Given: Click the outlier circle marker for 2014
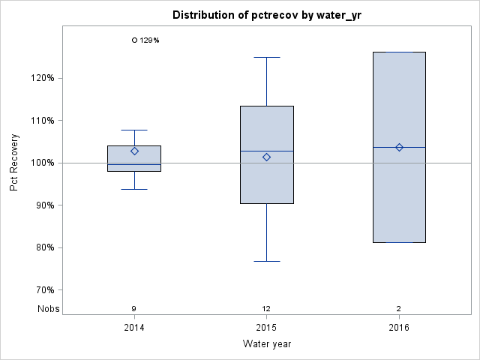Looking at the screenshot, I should pyautogui.click(x=134, y=40).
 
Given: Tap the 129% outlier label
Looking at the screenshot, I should pyautogui.click(x=150, y=40).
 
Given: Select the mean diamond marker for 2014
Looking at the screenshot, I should pyautogui.click(x=134, y=151).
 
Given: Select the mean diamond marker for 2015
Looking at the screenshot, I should pyautogui.click(x=266, y=157).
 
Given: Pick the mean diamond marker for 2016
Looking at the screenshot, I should pyautogui.click(x=399, y=147).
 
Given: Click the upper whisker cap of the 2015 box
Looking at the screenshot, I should pyautogui.click(x=266, y=57).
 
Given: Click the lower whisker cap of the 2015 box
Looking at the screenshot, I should pyautogui.click(x=266, y=261).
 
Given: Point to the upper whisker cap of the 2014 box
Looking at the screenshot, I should pyautogui.click(x=134, y=130).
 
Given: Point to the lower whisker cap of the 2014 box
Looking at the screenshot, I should pyautogui.click(x=134, y=189).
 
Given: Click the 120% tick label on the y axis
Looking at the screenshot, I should pyautogui.click(x=42, y=78).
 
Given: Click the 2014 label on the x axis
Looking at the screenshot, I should pyautogui.click(x=134, y=328).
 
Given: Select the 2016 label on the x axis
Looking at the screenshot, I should pyautogui.click(x=399, y=328).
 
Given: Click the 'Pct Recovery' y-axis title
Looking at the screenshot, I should pyautogui.click(x=15, y=163).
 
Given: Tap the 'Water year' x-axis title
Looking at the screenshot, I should pyautogui.click(x=266, y=344).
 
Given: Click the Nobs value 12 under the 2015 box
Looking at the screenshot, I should pyautogui.click(x=266, y=309).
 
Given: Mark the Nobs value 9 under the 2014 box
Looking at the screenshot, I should pyautogui.click(x=134, y=309).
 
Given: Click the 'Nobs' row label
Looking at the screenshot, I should pyautogui.click(x=46, y=309).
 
